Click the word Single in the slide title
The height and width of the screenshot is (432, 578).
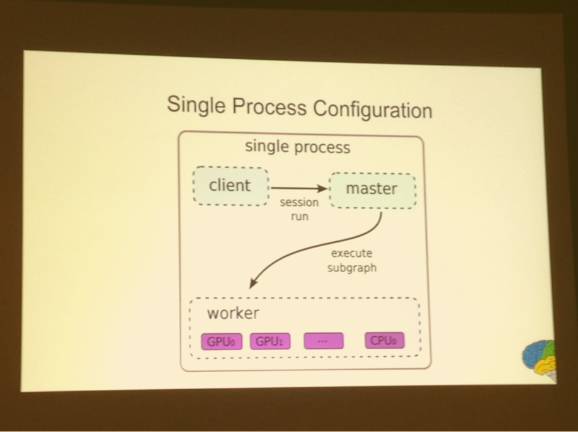196,105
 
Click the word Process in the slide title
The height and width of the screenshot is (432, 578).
269,106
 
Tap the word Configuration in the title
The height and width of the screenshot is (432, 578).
373,110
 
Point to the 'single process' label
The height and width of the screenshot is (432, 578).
297,147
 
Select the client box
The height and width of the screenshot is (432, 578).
230,186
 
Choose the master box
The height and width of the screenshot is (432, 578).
373,191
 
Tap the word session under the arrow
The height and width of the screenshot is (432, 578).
299,202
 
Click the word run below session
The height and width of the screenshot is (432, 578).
300,217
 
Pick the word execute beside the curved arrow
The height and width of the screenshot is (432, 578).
352,253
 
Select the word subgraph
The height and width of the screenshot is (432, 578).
352,268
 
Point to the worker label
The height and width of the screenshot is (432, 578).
233,314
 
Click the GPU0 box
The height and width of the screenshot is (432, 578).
222,342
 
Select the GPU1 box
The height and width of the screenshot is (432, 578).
270,341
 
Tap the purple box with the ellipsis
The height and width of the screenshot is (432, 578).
324,341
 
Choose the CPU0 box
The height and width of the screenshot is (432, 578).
385,340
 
